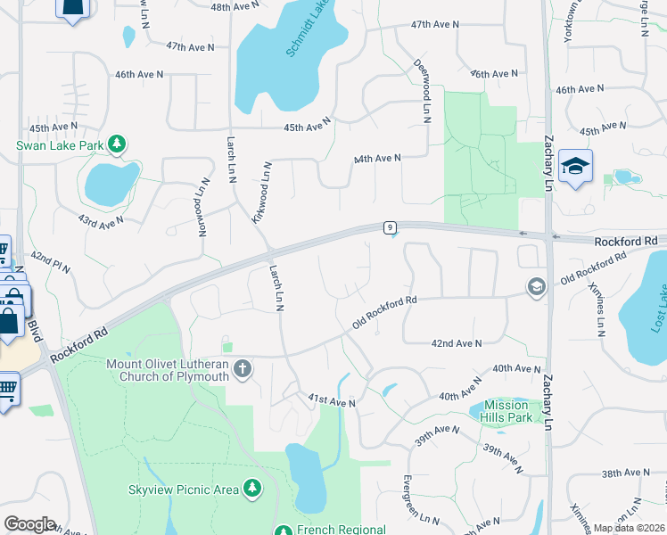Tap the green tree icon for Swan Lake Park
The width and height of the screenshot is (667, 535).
pyautogui.click(x=116, y=144)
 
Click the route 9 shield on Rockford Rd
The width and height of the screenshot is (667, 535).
pyautogui.click(x=390, y=228)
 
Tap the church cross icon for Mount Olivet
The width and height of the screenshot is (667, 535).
pyautogui.click(x=243, y=368)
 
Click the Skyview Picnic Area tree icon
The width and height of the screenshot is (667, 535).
pyautogui.click(x=253, y=488)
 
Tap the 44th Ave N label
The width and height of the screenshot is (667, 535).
pyautogui.click(x=377, y=158)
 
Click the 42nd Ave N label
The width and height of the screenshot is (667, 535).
pyautogui.click(x=456, y=343)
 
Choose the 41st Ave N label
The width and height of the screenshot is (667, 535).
pyautogui.click(x=332, y=403)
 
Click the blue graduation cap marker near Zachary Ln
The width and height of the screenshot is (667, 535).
pyautogui.click(x=576, y=166)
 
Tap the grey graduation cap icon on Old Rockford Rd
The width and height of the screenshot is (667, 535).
pyautogui.click(x=536, y=286)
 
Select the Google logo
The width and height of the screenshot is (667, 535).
pyautogui.click(x=29, y=524)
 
